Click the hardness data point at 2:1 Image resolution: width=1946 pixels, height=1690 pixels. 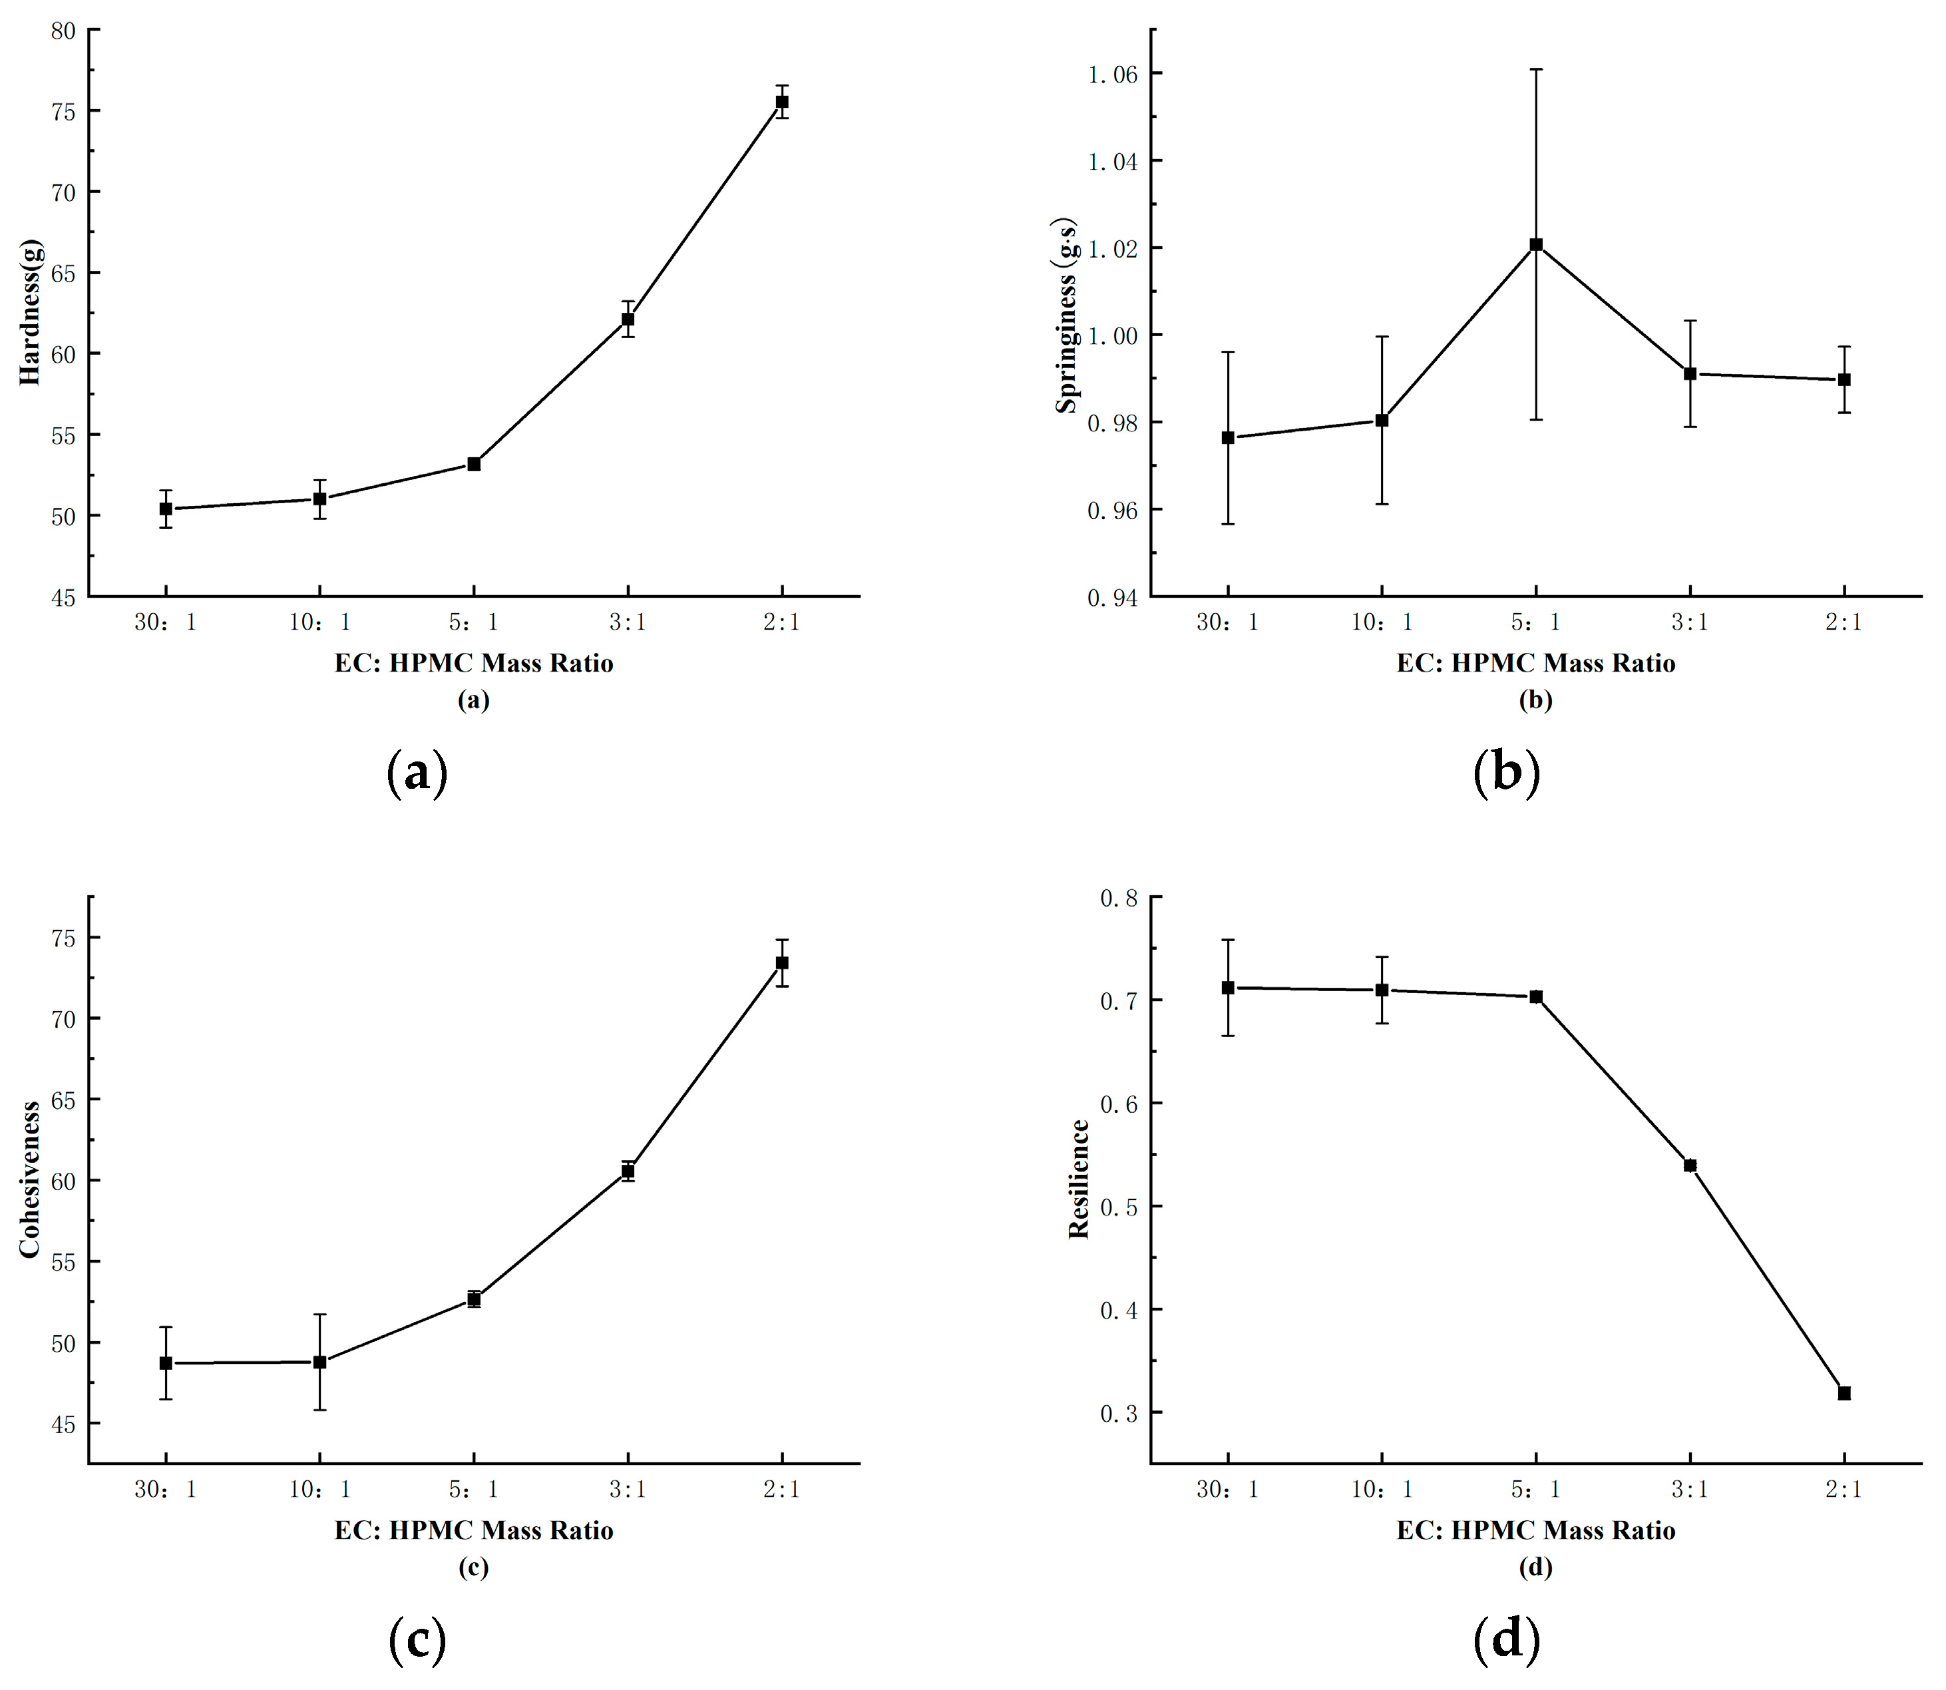781,102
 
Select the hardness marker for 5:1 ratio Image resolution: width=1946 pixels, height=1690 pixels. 475,464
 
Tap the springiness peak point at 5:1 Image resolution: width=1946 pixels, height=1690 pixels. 1536,245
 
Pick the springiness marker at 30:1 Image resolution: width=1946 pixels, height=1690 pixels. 1227,437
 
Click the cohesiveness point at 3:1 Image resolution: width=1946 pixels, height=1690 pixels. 628,1171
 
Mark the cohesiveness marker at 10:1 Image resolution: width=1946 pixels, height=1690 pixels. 319,1362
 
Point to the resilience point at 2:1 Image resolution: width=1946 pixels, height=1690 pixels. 1844,1393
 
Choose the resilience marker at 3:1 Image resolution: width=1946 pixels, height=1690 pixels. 1690,1165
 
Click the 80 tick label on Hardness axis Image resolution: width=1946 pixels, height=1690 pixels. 63,31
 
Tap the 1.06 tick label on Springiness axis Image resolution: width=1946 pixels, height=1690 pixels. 1113,75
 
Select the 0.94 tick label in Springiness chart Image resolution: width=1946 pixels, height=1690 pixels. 1113,598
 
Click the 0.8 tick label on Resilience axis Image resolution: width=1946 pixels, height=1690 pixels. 1119,898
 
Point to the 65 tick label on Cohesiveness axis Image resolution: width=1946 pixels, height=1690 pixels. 63,1100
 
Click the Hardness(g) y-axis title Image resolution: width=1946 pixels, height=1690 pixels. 30,312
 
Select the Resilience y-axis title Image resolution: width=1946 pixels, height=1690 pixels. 1079,1179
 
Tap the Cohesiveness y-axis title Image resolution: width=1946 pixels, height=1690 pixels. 30,1179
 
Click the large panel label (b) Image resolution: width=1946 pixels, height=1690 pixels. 1505,772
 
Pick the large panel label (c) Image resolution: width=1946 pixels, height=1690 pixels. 417,1640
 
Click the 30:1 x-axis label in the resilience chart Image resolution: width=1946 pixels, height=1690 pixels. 1227,1489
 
